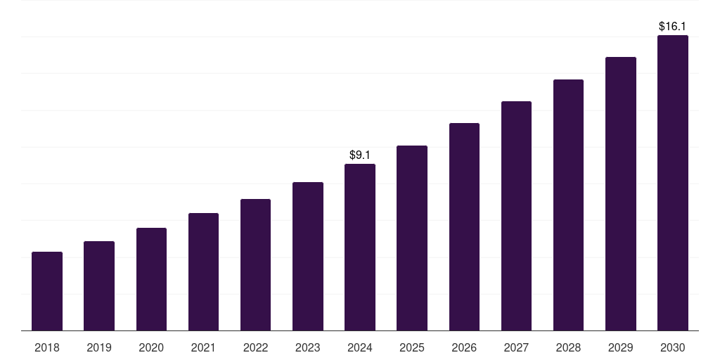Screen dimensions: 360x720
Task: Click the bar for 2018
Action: click(x=47, y=291)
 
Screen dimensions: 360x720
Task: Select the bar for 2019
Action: click(x=99, y=285)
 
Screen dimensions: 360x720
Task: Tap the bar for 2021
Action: click(x=203, y=271)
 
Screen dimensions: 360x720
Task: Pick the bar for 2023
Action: click(x=308, y=256)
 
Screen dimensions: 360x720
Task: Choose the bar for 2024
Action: click(x=360, y=247)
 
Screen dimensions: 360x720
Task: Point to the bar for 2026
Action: click(x=464, y=226)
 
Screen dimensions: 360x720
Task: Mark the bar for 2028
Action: click(x=568, y=205)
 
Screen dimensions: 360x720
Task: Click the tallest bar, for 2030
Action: click(x=673, y=183)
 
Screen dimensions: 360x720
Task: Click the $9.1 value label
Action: click(x=360, y=155)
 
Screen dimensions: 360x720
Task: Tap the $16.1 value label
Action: click(x=673, y=26)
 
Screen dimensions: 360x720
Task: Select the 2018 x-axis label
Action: click(x=47, y=347)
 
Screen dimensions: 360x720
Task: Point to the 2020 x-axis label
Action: click(x=151, y=347)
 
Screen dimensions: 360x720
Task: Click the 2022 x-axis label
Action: click(x=255, y=347)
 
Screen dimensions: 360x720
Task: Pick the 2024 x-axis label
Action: click(x=360, y=347)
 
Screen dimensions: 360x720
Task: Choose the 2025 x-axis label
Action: click(x=412, y=347)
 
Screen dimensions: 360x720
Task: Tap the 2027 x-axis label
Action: click(x=516, y=347)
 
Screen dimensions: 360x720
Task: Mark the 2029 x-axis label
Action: click(x=621, y=347)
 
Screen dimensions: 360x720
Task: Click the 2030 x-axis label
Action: click(x=673, y=347)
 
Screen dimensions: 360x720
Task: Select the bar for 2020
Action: click(x=151, y=279)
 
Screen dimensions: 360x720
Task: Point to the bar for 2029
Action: click(x=621, y=193)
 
